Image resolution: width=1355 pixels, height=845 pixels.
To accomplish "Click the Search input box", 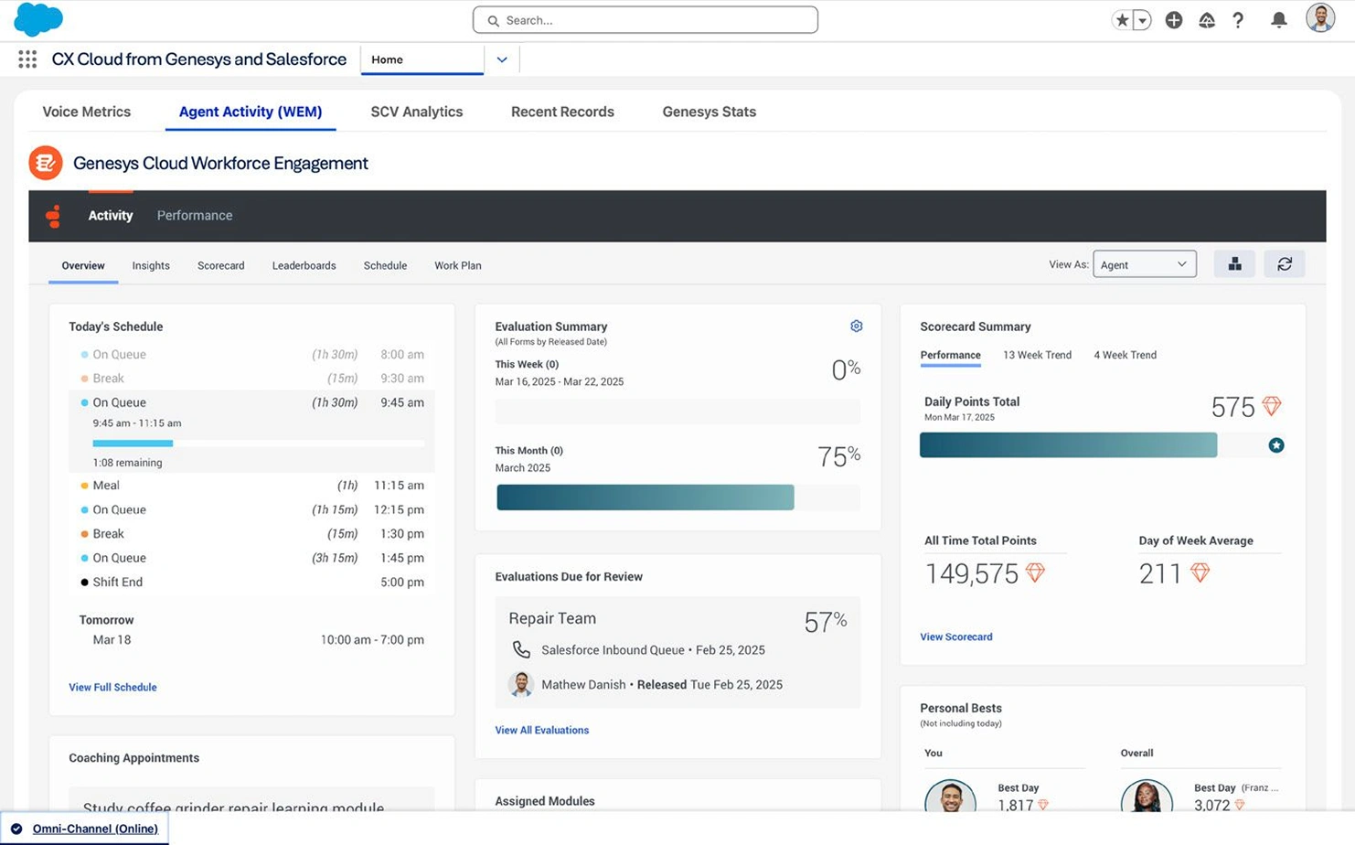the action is point(645,20).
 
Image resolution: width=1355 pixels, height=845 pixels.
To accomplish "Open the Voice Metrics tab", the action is point(87,112).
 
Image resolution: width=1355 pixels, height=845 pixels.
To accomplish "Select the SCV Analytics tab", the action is point(417,112).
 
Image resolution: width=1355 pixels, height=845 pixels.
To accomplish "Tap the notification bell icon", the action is point(1278,20).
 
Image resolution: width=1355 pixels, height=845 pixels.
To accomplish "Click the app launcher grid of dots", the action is point(27,59).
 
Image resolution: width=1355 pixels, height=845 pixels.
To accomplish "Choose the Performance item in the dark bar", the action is point(195,215).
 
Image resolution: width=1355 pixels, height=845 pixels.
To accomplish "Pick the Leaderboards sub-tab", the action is point(304,265).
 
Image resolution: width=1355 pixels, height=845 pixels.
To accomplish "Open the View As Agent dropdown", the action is point(1145,264).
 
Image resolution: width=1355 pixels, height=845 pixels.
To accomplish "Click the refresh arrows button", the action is point(1285,264).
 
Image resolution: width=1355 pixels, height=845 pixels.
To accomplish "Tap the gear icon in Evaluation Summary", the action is point(856,326).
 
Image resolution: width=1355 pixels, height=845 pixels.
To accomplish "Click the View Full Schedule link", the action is point(112,687).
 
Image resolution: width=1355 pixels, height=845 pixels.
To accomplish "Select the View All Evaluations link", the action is point(542,730).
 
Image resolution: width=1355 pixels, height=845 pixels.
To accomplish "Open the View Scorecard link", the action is point(956,636).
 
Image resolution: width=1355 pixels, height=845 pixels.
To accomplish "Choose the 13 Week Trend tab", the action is point(1037,355).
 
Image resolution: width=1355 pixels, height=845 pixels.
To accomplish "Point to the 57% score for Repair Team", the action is point(825,621).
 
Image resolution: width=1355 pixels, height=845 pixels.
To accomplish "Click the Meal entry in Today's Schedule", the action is point(106,485).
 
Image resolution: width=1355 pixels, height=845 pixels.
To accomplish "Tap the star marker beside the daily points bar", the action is point(1276,445).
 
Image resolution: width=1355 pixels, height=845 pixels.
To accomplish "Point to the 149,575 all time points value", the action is point(972,573).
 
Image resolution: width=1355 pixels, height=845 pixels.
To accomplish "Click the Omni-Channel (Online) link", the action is point(95,829).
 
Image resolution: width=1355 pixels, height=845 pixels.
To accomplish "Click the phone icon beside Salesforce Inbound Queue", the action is point(521,649).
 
